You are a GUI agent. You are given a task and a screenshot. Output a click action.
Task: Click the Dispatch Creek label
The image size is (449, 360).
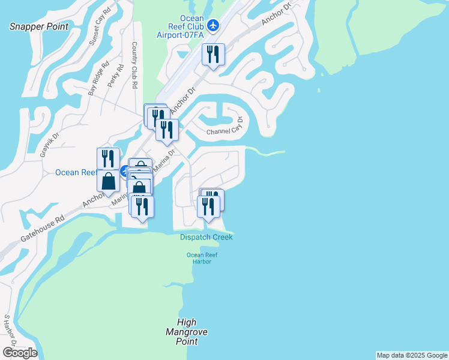(206, 237)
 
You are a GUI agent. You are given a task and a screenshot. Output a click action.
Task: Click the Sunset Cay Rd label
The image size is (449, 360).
(100, 28)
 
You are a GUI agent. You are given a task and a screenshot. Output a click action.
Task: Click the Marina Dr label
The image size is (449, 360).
(163, 160)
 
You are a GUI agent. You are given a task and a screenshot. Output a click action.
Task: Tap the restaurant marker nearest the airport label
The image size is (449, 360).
(213, 55)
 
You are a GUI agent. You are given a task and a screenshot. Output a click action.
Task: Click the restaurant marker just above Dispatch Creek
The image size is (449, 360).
(208, 207)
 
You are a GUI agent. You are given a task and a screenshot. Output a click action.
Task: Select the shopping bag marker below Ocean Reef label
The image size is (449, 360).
(108, 180)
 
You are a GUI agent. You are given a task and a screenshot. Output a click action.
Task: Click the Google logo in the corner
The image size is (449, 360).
(20, 352)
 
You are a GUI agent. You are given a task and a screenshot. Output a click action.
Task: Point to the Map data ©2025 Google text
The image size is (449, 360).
(412, 355)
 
